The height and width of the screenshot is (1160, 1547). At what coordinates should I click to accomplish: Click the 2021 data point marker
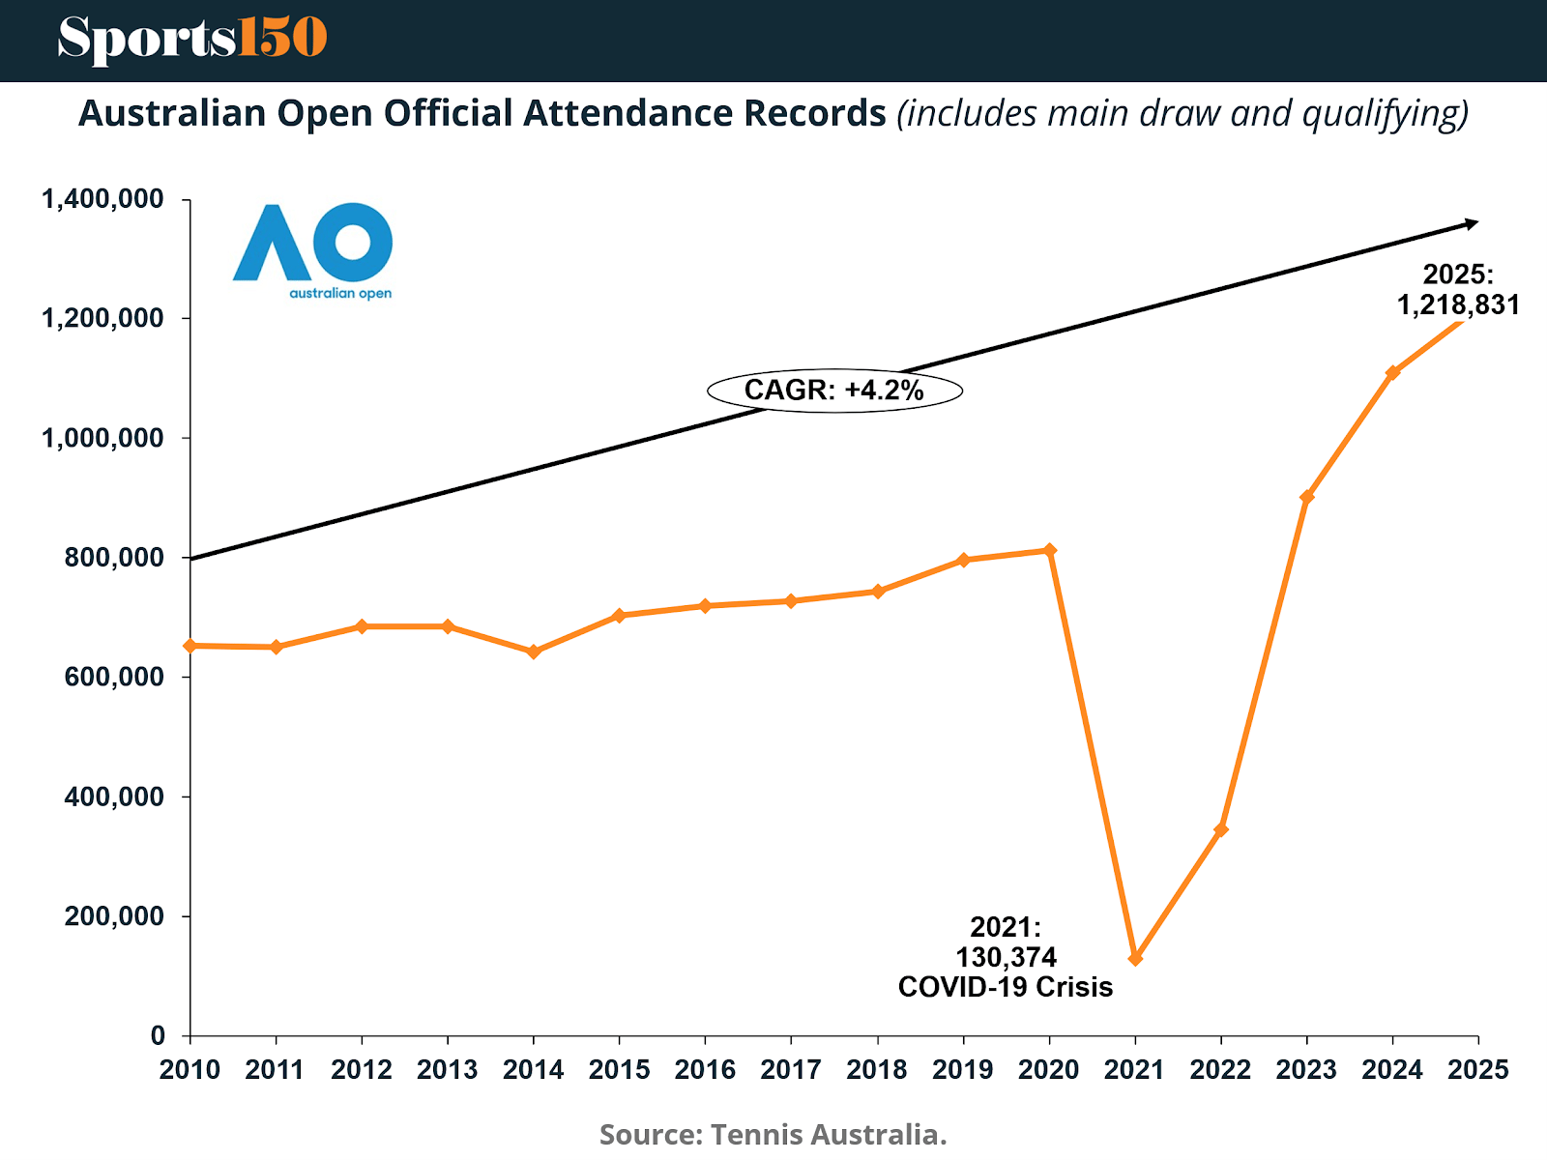point(1135,958)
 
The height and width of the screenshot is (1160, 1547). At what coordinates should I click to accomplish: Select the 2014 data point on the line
point(534,652)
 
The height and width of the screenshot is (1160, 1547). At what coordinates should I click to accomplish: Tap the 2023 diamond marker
point(1307,497)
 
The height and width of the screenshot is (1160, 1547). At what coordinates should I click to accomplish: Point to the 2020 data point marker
point(1050,550)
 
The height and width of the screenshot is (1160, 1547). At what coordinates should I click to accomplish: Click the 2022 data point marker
point(1221,829)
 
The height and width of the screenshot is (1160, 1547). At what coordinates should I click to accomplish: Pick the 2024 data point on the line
point(1392,373)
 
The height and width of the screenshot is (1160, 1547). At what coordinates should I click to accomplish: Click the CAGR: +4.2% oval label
point(834,391)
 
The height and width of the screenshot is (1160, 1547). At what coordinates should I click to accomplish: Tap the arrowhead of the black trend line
point(1471,224)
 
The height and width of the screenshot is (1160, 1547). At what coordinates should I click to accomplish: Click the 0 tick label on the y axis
point(158,1035)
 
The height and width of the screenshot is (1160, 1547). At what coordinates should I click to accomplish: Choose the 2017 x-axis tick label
point(791,1069)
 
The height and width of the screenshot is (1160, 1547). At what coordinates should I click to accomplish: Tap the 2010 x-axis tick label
point(190,1069)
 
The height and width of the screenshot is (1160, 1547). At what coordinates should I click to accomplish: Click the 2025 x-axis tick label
point(1477,1069)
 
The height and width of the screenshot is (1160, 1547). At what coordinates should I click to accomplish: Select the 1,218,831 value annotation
point(1458,304)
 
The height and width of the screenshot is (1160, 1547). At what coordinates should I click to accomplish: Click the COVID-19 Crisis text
point(1006,987)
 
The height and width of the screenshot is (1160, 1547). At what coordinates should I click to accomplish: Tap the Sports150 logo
point(191,39)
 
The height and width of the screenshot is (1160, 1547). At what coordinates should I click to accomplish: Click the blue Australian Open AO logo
point(313,249)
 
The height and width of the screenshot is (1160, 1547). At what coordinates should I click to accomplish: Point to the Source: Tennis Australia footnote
point(773,1134)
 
